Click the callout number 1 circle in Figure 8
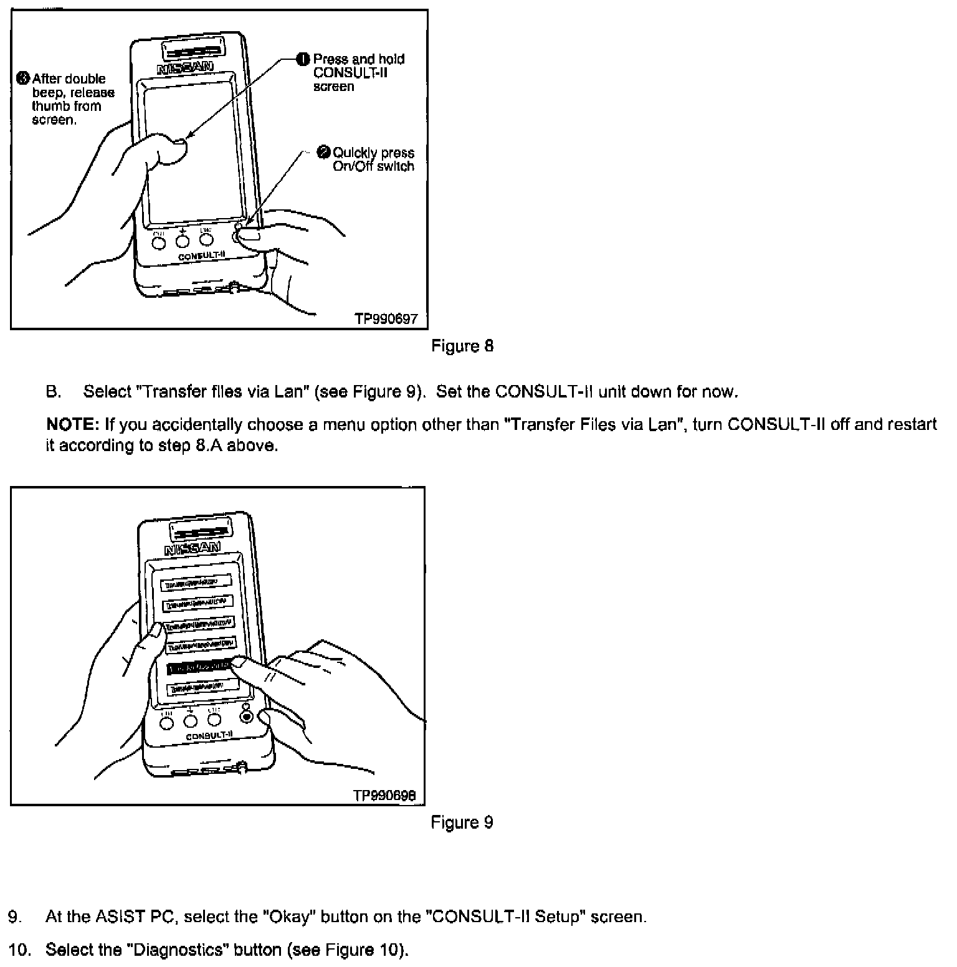[x=303, y=59]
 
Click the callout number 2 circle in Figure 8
[x=323, y=152]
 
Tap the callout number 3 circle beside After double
[x=23, y=79]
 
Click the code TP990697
[x=386, y=319]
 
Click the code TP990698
[x=384, y=796]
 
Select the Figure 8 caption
[x=462, y=346]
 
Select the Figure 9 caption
[x=462, y=822]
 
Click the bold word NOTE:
[x=73, y=425]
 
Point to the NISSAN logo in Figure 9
[x=193, y=548]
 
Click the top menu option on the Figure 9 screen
[x=196, y=583]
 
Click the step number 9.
[x=14, y=917]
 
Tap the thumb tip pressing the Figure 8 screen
[x=178, y=146]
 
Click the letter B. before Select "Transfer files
[x=54, y=392]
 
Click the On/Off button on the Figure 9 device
[x=247, y=717]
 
